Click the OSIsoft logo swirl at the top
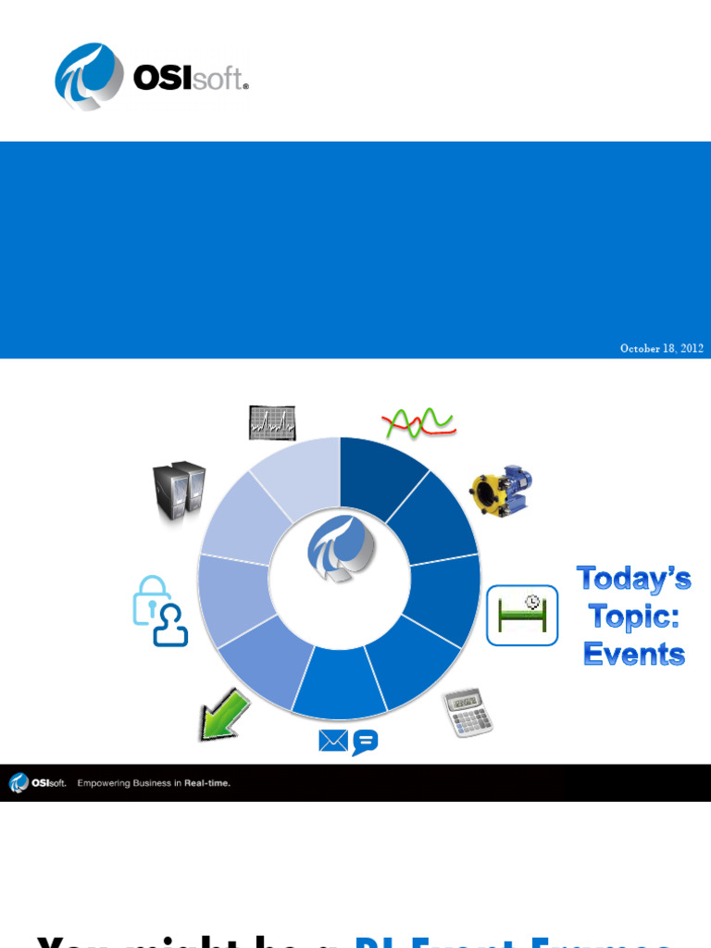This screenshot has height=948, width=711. click(x=89, y=76)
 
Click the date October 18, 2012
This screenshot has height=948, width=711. click(x=661, y=348)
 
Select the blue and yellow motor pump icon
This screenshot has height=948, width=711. click(x=501, y=491)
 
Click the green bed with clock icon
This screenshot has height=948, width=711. click(x=522, y=615)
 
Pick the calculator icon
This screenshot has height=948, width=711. click(x=468, y=711)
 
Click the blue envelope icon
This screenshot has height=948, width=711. click(x=333, y=741)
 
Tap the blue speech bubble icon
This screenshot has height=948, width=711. click(x=366, y=742)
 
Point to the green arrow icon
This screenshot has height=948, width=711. click(x=225, y=714)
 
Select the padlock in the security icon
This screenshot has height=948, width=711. click(x=151, y=600)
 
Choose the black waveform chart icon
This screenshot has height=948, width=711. click(x=272, y=423)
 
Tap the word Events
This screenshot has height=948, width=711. click(x=634, y=654)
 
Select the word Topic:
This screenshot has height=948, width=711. click(x=634, y=617)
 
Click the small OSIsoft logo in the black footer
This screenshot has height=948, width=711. click(x=37, y=783)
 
